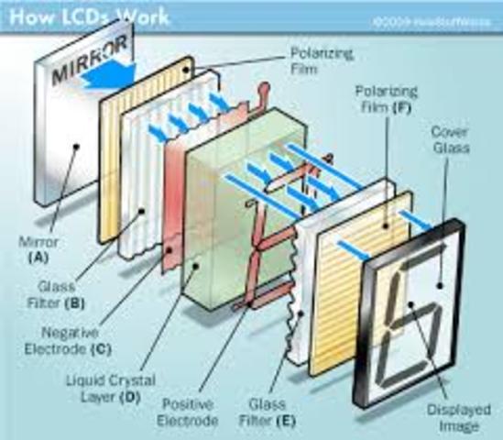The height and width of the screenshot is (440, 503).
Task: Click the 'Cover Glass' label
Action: point(450,139)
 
